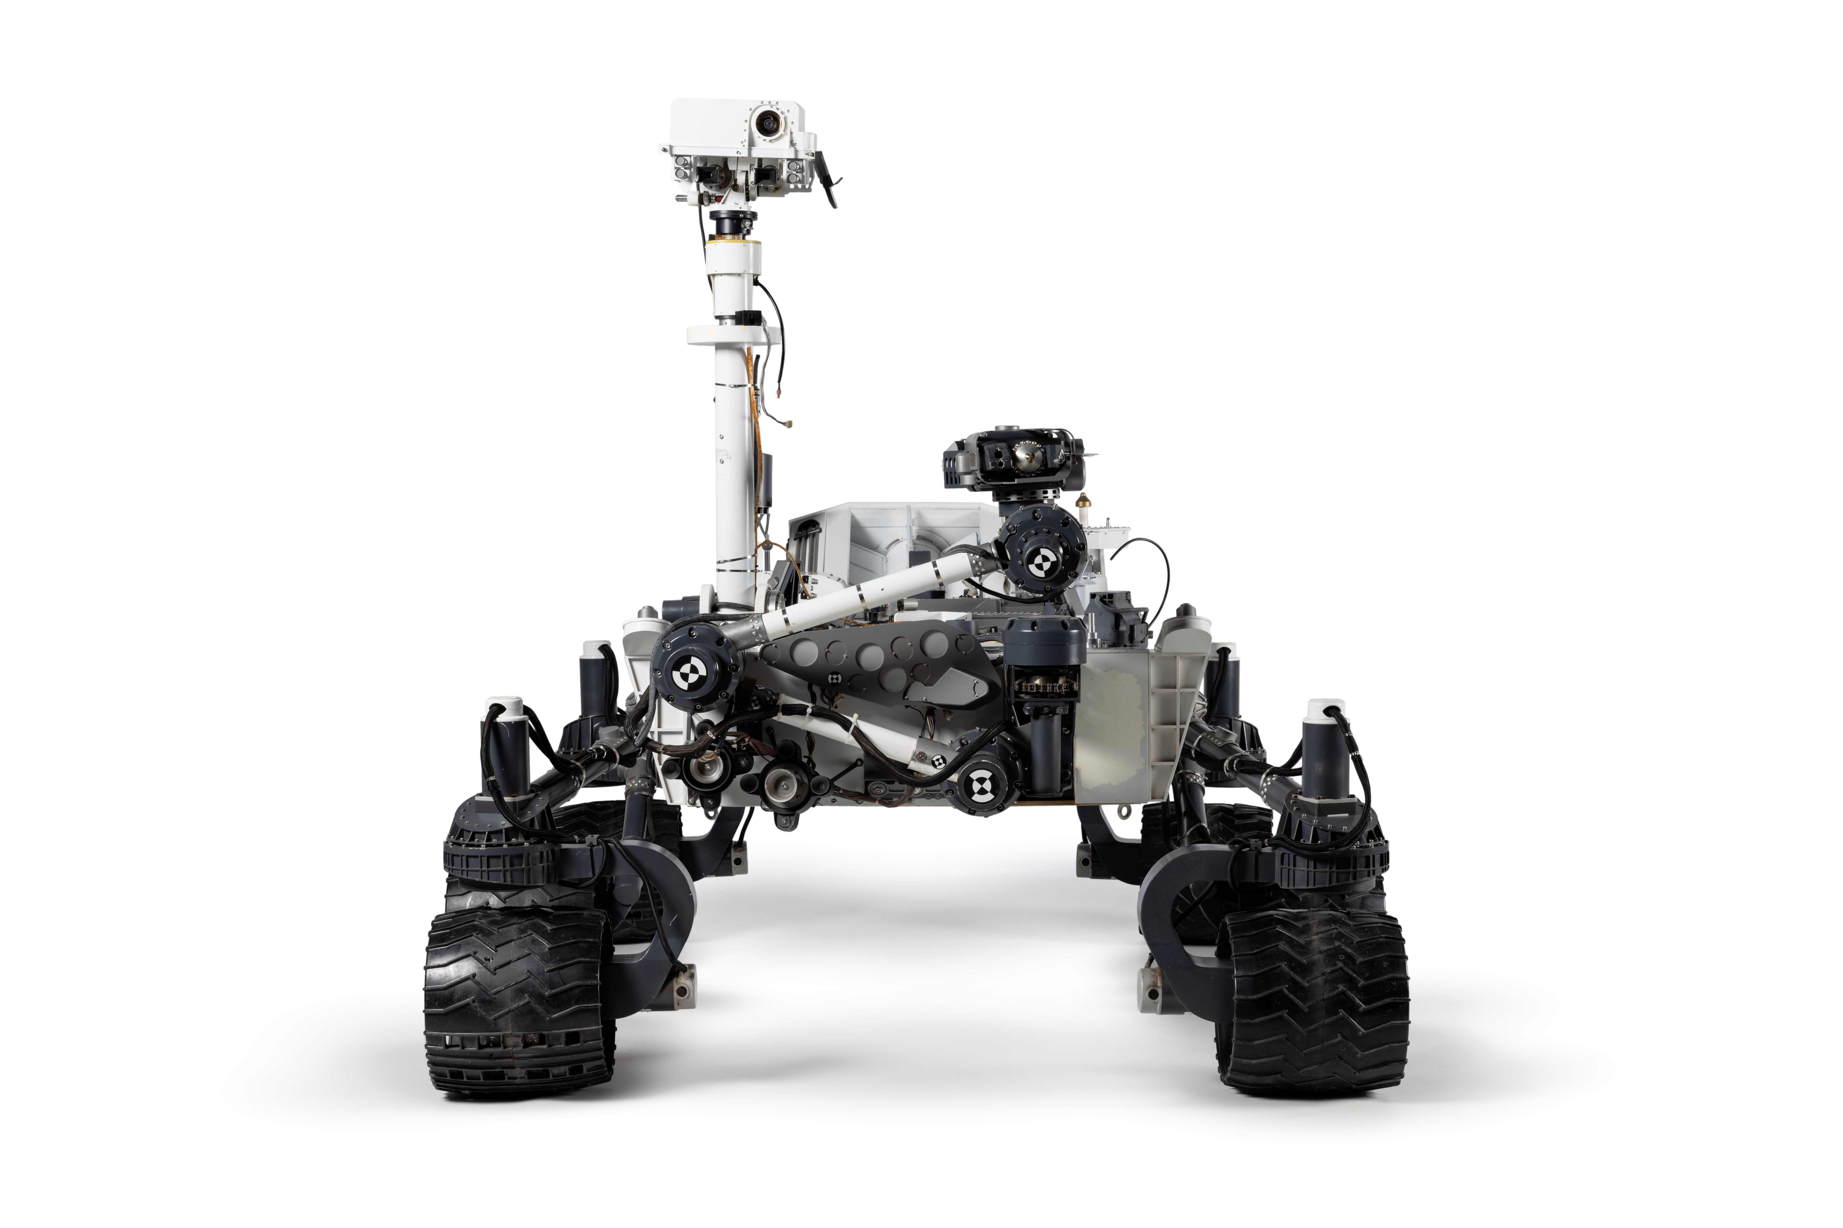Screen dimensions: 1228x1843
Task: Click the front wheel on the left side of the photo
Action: pyautogui.click(x=517, y=1002)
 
